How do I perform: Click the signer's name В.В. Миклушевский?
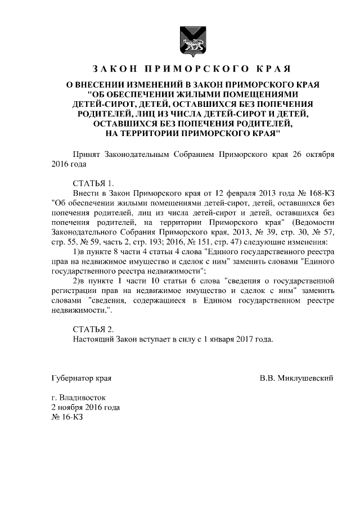click(x=296, y=377)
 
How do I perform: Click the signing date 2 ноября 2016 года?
click(x=85, y=407)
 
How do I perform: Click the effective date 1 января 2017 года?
click(x=240, y=339)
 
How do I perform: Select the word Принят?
click(x=87, y=154)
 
